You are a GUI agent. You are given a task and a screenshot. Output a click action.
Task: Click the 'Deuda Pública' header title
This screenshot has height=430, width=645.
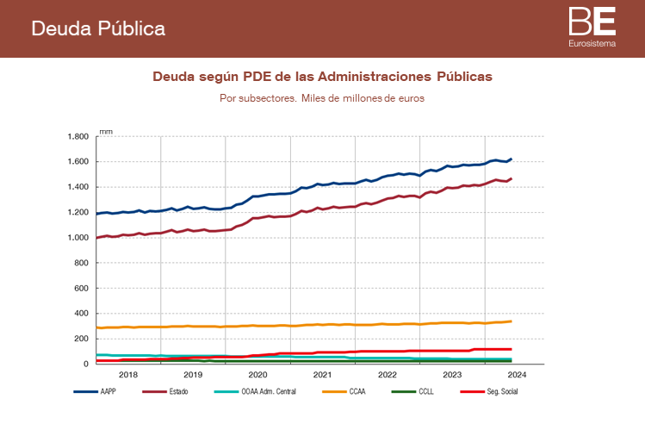tap(98, 28)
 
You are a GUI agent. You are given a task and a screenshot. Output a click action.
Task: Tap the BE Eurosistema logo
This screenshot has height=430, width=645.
tap(592, 27)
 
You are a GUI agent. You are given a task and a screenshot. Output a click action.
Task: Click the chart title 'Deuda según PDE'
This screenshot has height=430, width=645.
tap(322, 76)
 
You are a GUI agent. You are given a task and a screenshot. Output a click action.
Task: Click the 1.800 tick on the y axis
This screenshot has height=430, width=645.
tap(78, 137)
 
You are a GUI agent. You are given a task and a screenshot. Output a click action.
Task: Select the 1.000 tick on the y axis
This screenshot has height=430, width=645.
tap(78, 238)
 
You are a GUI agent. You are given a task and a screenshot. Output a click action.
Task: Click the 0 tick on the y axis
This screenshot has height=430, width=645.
tap(87, 364)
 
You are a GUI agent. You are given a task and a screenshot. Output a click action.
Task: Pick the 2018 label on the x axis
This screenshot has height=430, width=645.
tap(127, 375)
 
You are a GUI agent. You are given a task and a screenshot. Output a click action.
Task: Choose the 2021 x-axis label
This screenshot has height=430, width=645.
tap(322, 375)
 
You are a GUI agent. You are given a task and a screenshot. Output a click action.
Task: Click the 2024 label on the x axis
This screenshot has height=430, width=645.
tap(517, 375)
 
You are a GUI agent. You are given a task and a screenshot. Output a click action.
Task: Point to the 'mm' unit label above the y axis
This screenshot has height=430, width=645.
tap(105, 131)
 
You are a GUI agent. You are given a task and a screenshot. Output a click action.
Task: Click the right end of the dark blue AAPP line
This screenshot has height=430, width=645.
tap(512, 159)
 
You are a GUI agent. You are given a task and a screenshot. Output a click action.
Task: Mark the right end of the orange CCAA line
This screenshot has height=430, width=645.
tap(512, 321)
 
